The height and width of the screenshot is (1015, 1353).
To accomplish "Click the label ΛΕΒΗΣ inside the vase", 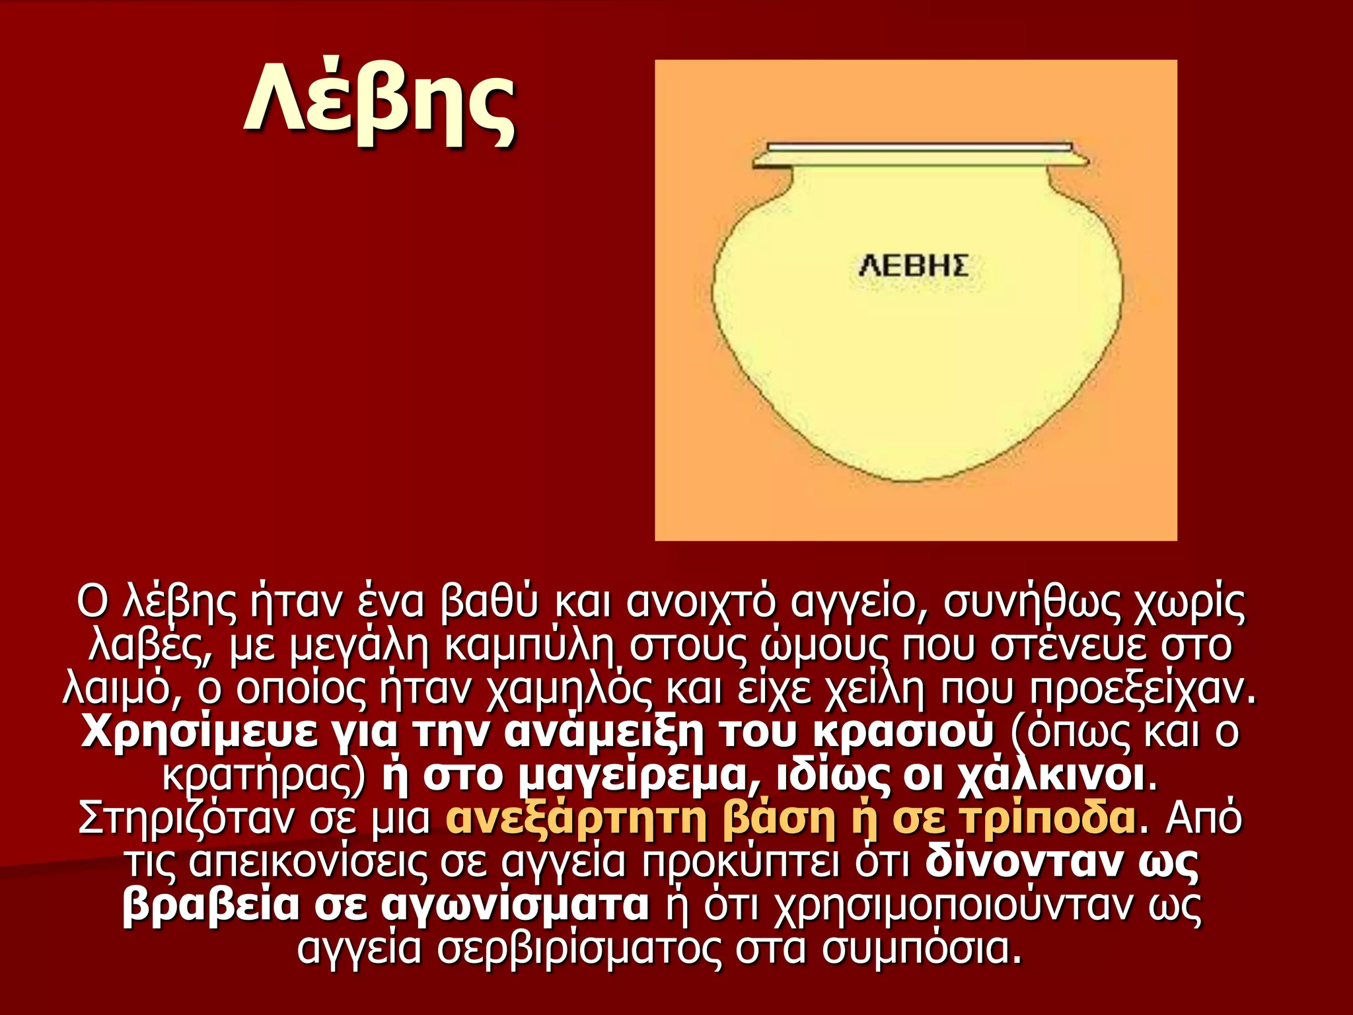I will (x=914, y=266).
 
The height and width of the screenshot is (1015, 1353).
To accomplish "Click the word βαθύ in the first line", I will (x=489, y=603).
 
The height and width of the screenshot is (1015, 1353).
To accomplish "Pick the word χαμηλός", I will (x=571, y=689).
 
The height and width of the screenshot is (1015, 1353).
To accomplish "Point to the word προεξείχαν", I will (x=1141, y=689).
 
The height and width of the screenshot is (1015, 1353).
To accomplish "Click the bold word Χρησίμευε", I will (x=199, y=732).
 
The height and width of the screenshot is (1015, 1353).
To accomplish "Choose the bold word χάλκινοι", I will (x=1051, y=776).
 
